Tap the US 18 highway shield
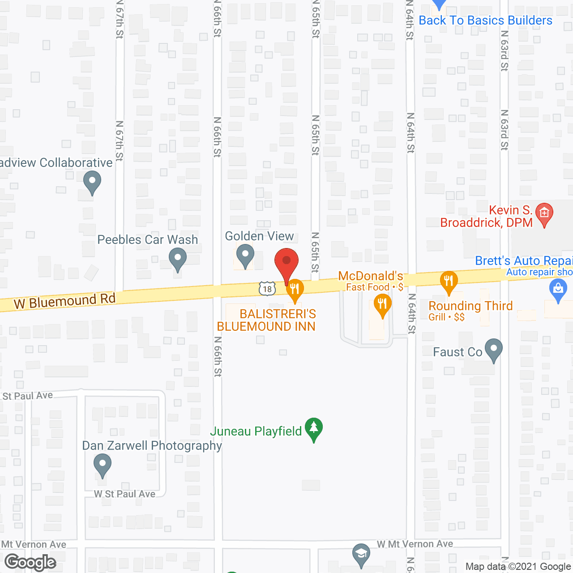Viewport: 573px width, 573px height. (267, 288)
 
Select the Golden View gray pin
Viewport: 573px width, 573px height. (245, 255)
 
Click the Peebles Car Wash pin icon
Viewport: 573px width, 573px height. (178, 259)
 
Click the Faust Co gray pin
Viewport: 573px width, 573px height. (494, 350)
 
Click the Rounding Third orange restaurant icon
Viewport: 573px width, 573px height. (449, 282)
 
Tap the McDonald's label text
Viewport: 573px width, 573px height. (371, 276)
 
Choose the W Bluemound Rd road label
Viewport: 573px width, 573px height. (65, 301)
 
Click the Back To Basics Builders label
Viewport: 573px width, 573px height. (485, 21)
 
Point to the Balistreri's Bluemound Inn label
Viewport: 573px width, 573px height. (266, 320)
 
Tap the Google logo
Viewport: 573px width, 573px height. (30, 562)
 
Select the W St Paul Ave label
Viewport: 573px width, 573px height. (124, 494)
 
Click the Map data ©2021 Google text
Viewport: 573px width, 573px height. (518, 567)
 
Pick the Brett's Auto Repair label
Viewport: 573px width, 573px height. (524, 261)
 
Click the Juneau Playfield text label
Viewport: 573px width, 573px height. (256, 431)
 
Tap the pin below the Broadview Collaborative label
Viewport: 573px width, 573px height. (92, 183)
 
